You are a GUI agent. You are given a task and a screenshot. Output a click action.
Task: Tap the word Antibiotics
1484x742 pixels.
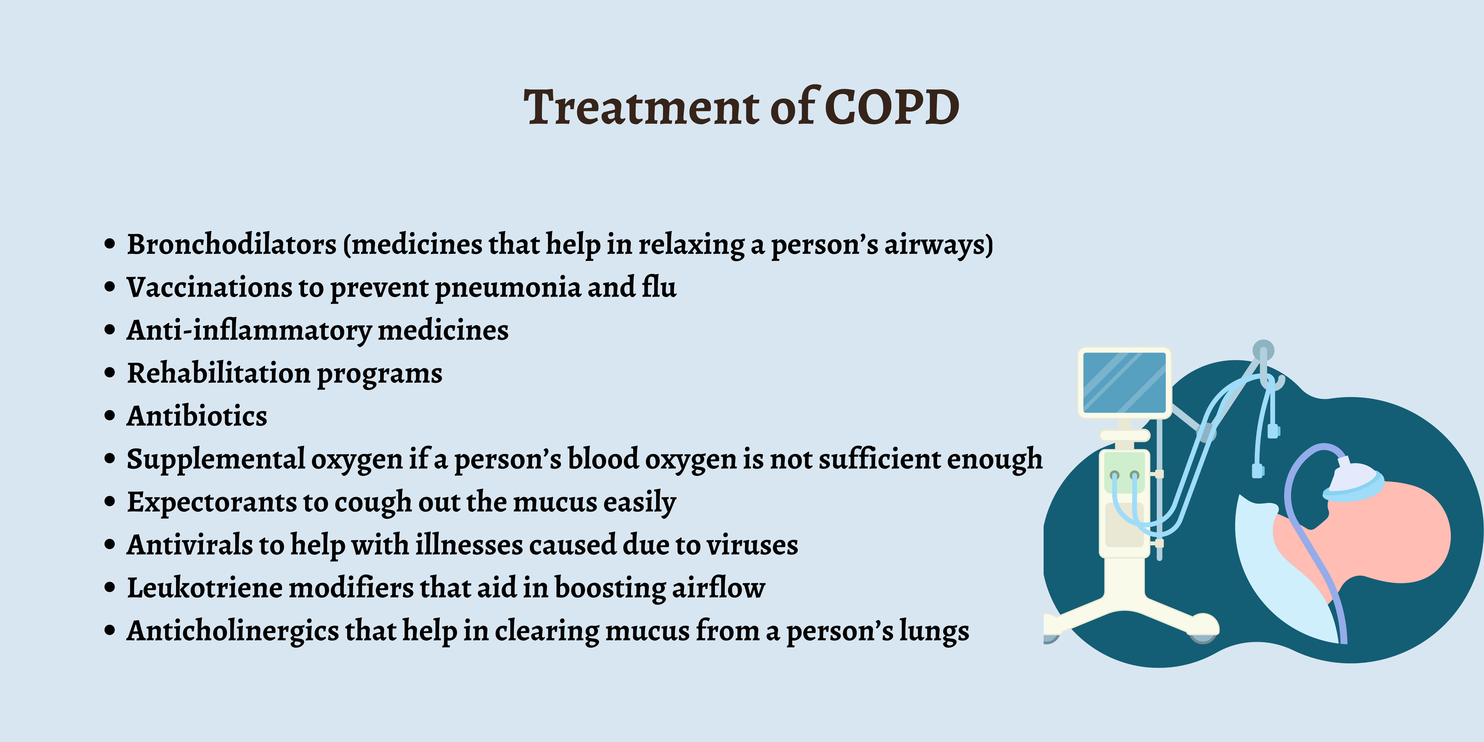pyautogui.click(x=197, y=415)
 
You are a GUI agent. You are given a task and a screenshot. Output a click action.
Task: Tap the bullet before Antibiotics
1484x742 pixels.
pyautogui.click(x=110, y=416)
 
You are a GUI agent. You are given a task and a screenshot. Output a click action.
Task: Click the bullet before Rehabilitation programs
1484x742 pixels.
pyautogui.click(x=110, y=373)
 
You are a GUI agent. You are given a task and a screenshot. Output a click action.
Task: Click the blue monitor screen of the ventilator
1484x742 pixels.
pyautogui.click(x=1125, y=383)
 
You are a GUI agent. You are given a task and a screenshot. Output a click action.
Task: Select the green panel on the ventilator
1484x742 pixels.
pyautogui.click(x=1125, y=471)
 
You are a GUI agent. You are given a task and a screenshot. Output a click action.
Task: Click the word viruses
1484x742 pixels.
pyautogui.click(x=752, y=544)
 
